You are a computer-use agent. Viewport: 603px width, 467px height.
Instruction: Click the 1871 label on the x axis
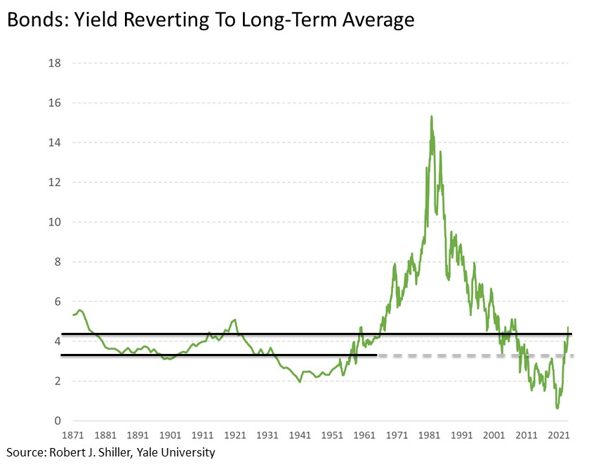tap(73, 435)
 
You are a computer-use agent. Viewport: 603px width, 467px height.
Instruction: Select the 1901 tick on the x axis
tap(171, 435)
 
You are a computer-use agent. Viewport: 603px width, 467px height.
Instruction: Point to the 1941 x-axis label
tap(300, 435)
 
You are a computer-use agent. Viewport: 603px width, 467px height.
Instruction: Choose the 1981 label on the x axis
tap(429, 435)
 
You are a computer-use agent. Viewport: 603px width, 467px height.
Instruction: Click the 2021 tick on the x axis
tap(558, 435)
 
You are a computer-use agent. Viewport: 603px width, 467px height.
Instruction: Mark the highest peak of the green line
tap(431, 117)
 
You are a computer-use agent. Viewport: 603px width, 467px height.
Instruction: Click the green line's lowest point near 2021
tap(557, 407)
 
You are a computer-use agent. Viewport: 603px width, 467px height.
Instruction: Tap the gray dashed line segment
tap(477, 355)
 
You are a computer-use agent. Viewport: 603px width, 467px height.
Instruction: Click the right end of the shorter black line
tap(377, 355)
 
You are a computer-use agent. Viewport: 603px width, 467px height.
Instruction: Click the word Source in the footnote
tap(24, 453)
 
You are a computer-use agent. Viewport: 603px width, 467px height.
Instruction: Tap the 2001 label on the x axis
tap(493, 435)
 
